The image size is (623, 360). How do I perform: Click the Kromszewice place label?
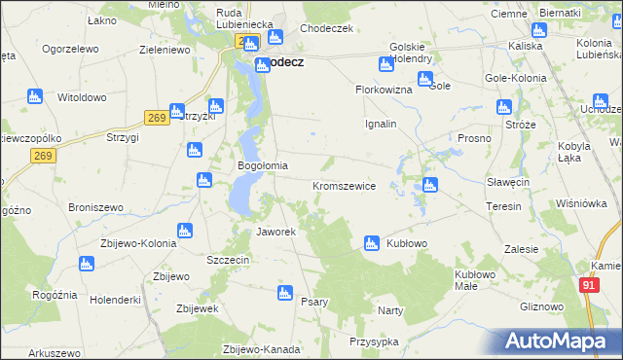pyautogui.click(x=344, y=185)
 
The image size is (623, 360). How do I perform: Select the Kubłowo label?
pyautogui.click(x=409, y=243)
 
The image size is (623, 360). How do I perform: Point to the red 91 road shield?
pyautogui.click(x=588, y=284)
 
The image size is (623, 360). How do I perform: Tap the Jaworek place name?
pyautogui.click(x=275, y=233)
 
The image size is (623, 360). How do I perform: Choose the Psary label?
pyautogui.click(x=313, y=302)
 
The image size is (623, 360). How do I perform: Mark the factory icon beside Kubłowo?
pyautogui.click(x=371, y=243)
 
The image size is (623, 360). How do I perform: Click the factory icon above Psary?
pyautogui.click(x=285, y=292)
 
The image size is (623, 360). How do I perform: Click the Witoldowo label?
pyautogui.click(x=82, y=98)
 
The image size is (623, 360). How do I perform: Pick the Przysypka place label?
pyautogui.click(x=374, y=342)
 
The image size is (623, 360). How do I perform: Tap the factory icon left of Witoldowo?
pyautogui.click(x=35, y=96)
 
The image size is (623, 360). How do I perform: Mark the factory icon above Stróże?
pyautogui.click(x=504, y=107)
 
